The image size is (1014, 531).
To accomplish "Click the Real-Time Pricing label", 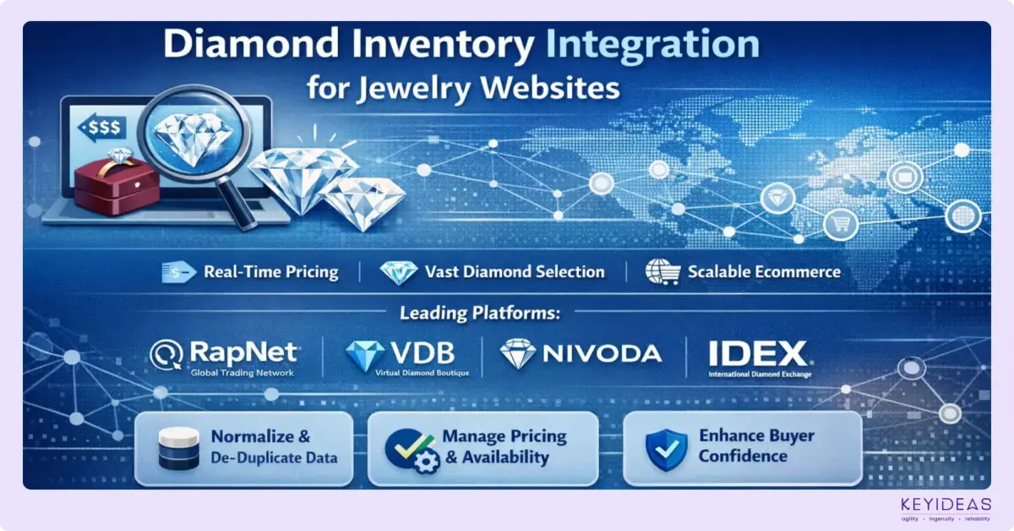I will coord(270,272).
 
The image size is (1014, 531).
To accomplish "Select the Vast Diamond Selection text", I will coord(515,272).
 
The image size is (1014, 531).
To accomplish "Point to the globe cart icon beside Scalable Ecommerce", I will coord(662,272).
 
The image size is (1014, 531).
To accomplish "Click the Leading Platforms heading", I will coord(480,313).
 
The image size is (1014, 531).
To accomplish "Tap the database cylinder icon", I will coord(178,448).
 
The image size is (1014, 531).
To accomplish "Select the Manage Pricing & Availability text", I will coord(504,447).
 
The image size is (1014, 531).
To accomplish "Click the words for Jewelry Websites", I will coord(463,88).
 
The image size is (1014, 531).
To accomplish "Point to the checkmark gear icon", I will coord(409,448).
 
